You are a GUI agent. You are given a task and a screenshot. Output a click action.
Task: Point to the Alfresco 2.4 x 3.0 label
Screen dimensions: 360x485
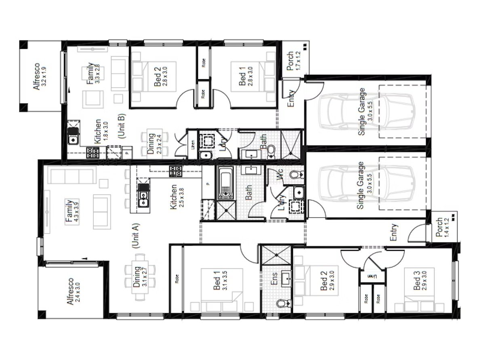point(74,291)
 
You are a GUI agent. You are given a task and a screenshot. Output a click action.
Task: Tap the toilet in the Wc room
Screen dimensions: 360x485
point(297,175)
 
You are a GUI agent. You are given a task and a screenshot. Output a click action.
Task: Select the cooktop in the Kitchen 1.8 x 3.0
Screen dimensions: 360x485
point(93,152)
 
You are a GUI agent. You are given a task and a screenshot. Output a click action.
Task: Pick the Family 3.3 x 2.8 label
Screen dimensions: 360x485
point(93,73)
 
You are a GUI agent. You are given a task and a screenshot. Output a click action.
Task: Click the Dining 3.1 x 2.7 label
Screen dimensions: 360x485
point(139,276)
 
